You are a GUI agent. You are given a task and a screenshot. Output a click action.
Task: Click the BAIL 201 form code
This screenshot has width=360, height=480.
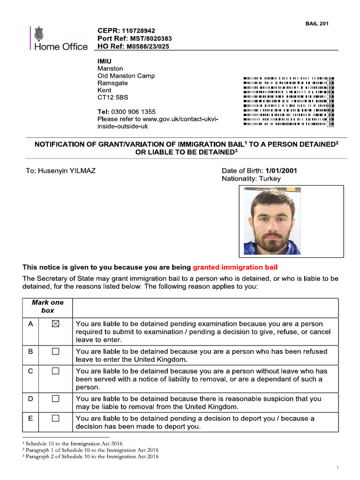(317, 24)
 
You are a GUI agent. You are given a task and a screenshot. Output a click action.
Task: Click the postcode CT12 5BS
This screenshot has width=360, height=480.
(112, 97)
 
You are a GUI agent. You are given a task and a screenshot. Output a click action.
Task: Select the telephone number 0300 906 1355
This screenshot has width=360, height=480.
(134, 112)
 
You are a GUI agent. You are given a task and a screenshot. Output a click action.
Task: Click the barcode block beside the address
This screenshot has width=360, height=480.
(288, 101)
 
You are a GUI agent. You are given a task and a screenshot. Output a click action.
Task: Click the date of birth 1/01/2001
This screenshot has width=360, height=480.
(281, 171)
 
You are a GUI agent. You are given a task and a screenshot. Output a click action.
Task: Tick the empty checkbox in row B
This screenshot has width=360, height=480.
(56, 351)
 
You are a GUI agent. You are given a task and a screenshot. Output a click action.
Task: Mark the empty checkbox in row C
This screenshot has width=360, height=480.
(56, 371)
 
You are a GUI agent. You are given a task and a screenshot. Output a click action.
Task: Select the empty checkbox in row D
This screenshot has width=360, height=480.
(56, 399)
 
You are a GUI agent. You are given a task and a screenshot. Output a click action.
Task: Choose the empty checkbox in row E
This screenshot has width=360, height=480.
(56, 419)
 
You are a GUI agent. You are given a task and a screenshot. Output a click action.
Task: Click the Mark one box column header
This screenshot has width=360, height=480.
(47, 307)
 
